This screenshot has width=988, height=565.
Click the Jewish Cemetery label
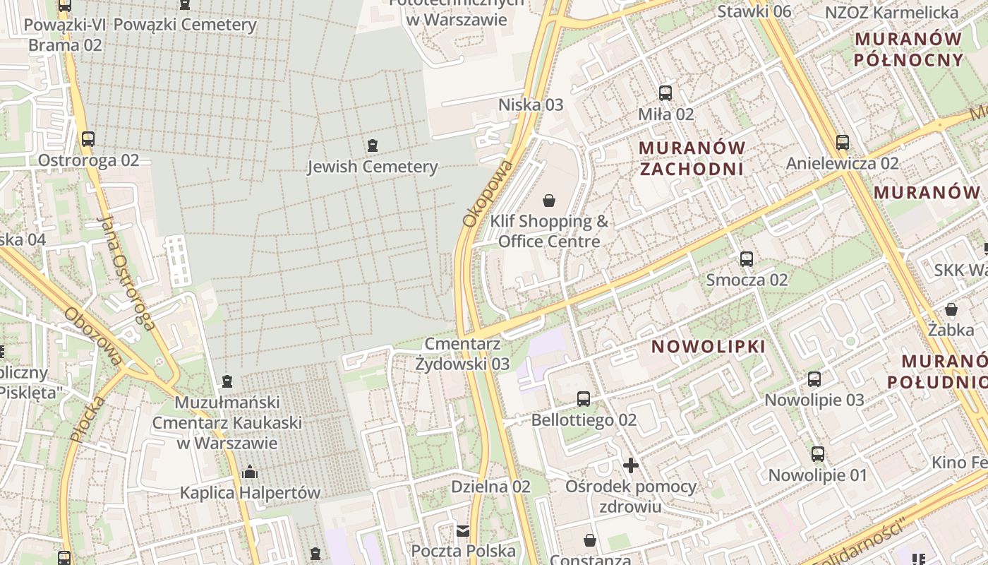click(x=373, y=167)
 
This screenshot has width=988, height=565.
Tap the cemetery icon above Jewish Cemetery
click(x=373, y=146)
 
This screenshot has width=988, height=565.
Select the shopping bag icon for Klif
click(x=549, y=201)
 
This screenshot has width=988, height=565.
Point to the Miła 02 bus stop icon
click(x=665, y=93)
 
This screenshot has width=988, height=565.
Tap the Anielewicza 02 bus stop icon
click(x=842, y=142)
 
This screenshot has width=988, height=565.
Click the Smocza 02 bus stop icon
click(x=747, y=258)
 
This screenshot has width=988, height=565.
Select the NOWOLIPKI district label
click(x=708, y=347)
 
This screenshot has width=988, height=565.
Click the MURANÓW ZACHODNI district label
click(x=692, y=158)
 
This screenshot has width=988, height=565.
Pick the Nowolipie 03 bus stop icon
click(x=814, y=379)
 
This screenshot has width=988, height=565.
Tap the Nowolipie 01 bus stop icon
click(x=817, y=454)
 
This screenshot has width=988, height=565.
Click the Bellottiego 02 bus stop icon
click(x=584, y=399)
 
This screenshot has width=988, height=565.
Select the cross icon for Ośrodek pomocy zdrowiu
click(x=631, y=465)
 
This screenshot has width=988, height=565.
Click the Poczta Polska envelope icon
click(x=463, y=530)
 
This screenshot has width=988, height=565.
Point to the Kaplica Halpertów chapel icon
click(x=249, y=472)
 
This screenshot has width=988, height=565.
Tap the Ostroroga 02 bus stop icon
click(x=88, y=139)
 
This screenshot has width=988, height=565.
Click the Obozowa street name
click(x=93, y=336)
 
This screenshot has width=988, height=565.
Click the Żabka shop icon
click(x=951, y=309)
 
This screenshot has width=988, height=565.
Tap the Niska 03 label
click(x=531, y=105)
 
